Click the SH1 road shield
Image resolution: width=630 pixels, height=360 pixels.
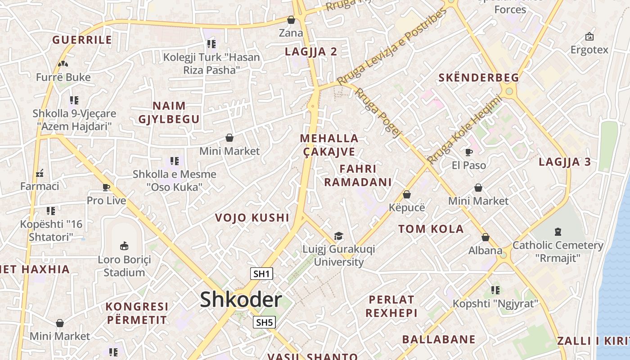261,274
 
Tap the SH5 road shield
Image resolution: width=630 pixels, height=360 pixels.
264,322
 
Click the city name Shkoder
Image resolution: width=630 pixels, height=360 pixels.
241,300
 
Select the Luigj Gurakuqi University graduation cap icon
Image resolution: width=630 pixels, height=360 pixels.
338,236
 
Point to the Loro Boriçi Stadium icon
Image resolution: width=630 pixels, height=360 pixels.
124,246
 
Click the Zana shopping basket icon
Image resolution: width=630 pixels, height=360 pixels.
291,20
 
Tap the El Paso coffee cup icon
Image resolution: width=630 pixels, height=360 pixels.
468,152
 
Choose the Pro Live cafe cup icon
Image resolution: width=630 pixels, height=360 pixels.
106,187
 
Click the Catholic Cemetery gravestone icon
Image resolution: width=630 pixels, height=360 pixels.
558,232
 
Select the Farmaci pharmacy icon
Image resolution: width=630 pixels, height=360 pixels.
40,172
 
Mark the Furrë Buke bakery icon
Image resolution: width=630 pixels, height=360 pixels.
63,64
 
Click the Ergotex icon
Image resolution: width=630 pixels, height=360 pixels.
589,36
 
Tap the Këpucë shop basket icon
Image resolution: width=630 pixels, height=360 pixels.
407,194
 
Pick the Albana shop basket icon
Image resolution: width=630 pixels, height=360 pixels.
485,237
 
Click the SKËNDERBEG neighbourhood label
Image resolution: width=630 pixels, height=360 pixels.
479,78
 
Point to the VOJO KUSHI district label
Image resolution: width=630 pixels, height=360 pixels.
252,218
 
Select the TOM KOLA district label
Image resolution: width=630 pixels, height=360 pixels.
431,229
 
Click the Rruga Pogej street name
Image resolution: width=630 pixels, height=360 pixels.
378,112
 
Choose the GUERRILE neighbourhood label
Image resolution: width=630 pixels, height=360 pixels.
82,40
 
